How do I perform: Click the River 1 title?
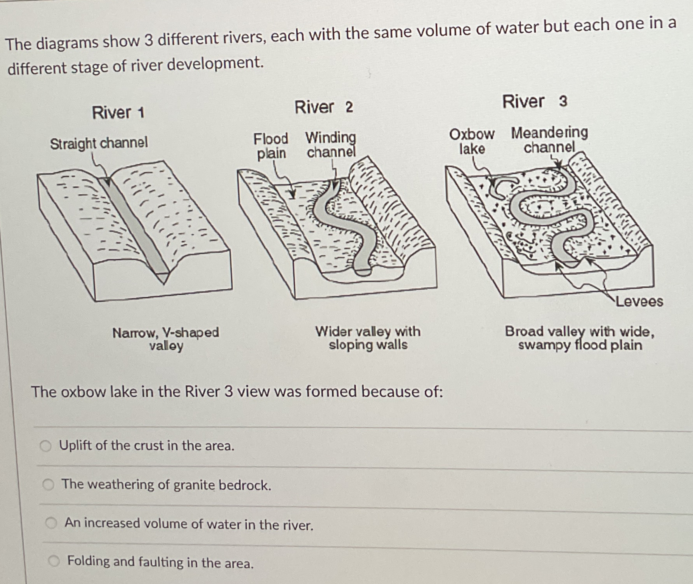118,113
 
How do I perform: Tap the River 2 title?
324,107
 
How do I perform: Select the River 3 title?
535,101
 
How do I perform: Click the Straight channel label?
99,143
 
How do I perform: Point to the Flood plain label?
271,146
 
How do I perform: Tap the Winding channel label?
331,144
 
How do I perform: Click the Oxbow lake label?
472,141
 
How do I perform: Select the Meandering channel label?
549,139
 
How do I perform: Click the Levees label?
639,302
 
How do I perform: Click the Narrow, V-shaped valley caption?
166,339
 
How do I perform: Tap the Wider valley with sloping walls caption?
368,338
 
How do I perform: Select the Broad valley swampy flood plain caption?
580,338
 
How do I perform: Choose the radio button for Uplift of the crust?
46,446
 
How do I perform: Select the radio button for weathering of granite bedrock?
49,485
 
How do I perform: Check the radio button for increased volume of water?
51,523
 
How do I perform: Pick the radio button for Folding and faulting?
54,561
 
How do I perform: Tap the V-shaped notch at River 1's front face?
163,278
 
